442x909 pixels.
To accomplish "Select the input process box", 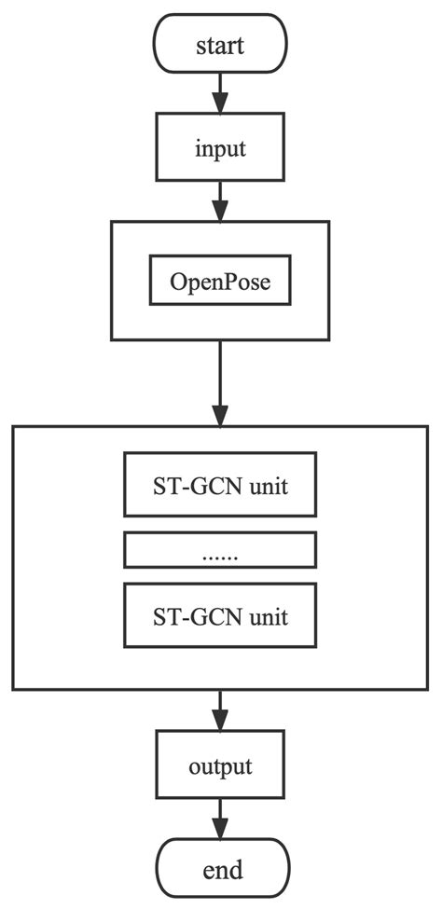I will tap(220, 147).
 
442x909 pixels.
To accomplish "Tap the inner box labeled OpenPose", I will tap(220, 281).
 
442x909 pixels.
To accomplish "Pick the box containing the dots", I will tap(220, 551).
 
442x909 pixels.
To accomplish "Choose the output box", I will tap(220, 767).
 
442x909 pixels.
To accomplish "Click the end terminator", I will tap(220, 870).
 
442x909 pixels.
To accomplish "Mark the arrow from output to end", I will tap(220, 819).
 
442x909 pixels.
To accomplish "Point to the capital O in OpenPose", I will tap(178, 281).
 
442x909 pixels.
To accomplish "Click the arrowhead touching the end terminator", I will tap(220, 830).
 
